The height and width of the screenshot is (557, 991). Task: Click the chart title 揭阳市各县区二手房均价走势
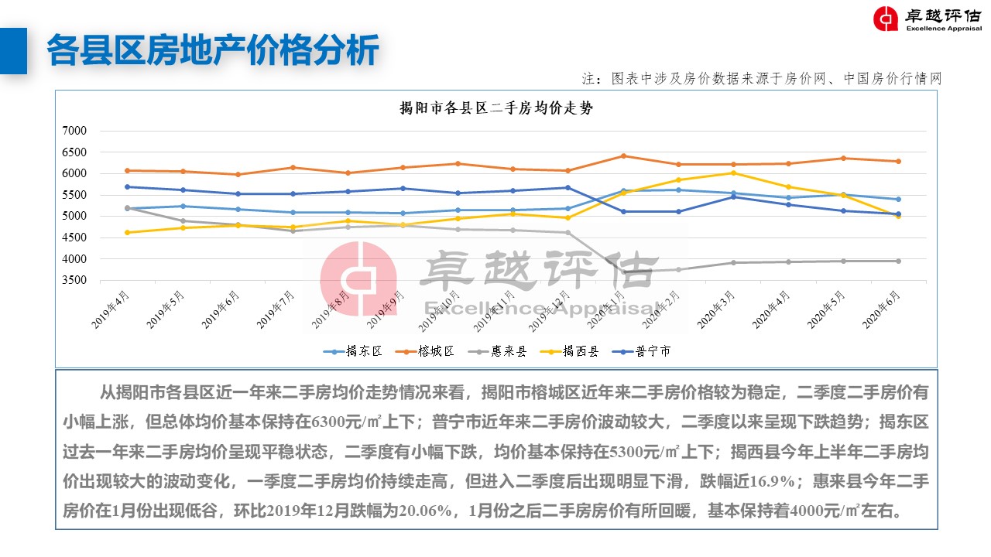[x=495, y=109]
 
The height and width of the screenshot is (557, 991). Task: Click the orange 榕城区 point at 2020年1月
[x=623, y=156]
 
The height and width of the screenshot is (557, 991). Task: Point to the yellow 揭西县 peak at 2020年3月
[x=733, y=173]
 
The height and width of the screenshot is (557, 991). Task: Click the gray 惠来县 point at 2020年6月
[x=898, y=261]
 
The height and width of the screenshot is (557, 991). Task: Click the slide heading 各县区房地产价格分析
[x=213, y=50]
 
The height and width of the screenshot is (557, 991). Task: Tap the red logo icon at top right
[x=886, y=19]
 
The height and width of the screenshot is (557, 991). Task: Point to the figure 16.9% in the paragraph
[x=775, y=481]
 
